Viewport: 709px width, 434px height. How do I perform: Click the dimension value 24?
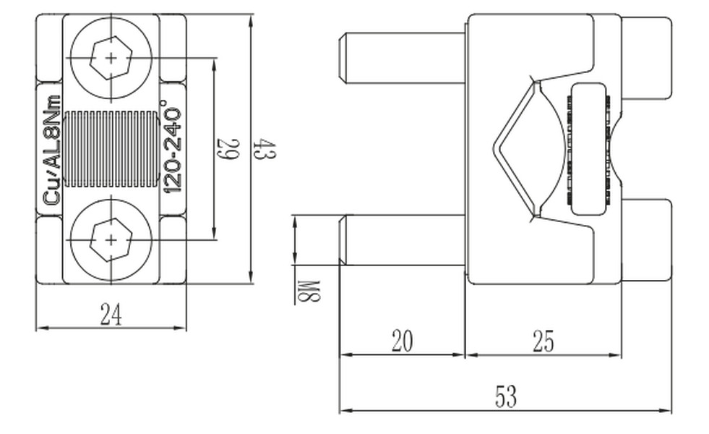(111, 315)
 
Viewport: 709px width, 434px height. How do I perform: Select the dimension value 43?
(265, 148)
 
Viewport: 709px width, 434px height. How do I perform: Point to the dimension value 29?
(228, 148)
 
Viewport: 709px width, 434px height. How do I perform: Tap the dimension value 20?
(402, 341)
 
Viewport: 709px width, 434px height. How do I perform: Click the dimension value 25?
(543, 341)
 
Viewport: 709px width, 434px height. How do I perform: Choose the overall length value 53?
(505, 396)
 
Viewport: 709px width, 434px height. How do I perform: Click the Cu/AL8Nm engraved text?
(51, 149)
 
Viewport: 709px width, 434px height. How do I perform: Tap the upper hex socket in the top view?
(111, 58)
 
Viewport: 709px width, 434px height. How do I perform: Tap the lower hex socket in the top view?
(111, 240)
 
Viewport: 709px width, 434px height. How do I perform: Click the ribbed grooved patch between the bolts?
(111, 149)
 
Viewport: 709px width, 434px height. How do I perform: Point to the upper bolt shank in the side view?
(403, 58)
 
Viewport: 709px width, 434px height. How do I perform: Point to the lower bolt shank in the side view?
(403, 240)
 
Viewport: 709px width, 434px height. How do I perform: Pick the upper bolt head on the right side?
(647, 58)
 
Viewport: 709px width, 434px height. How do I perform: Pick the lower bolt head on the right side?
(647, 240)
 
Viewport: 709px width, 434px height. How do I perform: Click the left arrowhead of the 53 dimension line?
(345, 410)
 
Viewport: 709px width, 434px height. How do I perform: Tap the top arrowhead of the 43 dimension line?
(252, 20)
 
